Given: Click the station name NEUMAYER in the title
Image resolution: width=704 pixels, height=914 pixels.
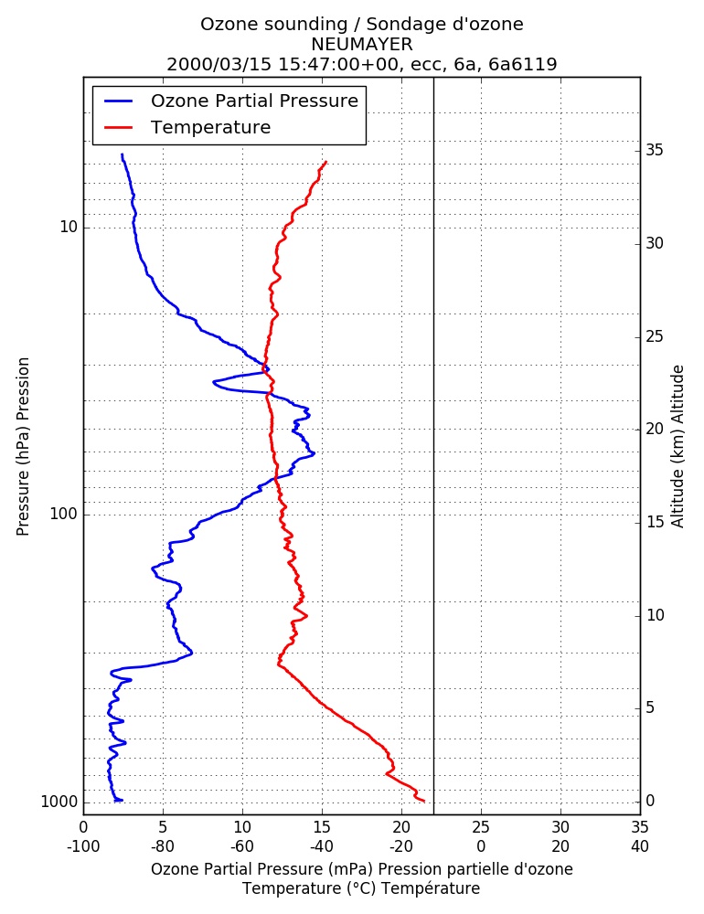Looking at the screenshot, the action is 362,44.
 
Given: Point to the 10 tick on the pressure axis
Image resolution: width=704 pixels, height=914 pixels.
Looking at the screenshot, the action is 69,227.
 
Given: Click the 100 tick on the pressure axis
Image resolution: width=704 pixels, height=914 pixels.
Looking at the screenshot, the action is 64,514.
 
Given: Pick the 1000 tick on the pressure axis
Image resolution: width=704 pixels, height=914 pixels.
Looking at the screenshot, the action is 59,802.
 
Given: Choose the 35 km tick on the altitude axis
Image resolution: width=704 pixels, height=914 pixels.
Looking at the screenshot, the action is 655,151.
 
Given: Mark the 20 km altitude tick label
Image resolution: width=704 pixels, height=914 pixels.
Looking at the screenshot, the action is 655,429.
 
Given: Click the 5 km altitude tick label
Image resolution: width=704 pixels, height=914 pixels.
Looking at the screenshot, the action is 650,707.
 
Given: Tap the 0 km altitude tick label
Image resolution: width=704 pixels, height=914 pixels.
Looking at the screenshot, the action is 650,801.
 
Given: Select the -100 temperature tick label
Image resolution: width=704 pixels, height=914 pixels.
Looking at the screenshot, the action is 83,845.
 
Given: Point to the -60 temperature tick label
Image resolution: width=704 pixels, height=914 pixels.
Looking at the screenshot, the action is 242,845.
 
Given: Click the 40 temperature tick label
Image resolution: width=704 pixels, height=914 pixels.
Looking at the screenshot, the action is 640,845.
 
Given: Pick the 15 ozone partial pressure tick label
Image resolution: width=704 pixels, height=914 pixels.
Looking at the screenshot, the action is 322,827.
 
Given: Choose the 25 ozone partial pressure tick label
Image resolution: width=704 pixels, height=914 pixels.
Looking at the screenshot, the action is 481,827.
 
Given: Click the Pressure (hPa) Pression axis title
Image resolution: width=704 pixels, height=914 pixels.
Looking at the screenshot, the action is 23,447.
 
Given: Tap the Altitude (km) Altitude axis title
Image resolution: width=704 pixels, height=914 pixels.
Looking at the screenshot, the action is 677,447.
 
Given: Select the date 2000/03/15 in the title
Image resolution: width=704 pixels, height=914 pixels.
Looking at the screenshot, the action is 219,64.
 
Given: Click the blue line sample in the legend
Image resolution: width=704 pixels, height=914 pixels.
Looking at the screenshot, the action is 119,101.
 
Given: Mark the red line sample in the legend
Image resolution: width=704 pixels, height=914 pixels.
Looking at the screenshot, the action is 119,127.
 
